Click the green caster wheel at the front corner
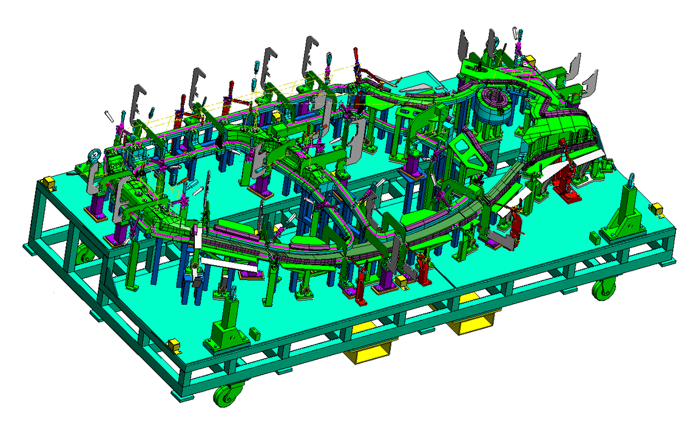(225, 396)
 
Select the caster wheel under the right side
(604, 290)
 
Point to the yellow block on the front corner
(174, 345)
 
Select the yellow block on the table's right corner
(657, 208)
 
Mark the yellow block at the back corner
(530, 59)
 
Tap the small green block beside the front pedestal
(254, 333)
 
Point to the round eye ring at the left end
(95, 156)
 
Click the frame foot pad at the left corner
(29, 249)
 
